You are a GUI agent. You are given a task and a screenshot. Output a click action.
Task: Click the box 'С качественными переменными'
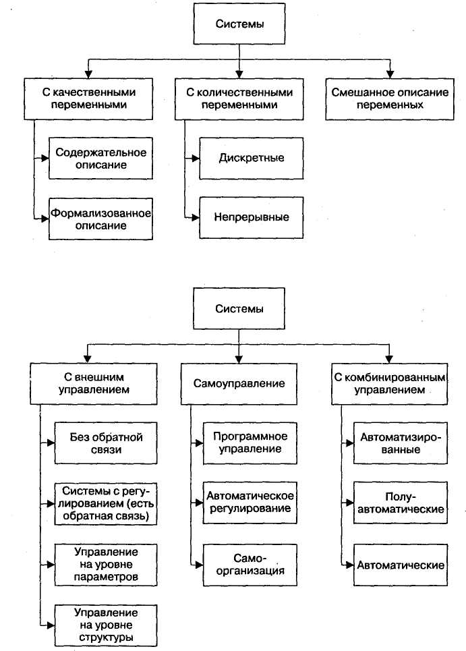85,98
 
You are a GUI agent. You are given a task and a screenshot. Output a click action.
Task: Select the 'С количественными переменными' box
239,98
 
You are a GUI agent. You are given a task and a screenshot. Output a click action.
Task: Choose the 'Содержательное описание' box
101,158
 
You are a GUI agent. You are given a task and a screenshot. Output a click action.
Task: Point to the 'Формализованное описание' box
101,219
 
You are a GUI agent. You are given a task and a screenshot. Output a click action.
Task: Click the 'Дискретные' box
252,158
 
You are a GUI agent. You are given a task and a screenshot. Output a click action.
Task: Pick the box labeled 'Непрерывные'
252,217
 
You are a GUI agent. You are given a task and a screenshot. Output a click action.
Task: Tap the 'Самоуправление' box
239,383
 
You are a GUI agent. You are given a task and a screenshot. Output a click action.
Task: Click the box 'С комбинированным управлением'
390,383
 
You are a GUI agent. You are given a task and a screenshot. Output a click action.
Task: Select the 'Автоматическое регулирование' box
251,503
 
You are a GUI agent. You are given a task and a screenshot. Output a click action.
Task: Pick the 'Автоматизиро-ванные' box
401,443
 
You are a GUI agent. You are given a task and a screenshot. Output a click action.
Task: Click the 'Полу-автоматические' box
401,503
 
